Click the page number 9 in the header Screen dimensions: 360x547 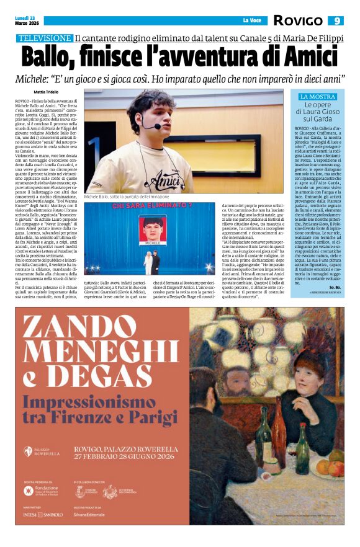coord(336,20)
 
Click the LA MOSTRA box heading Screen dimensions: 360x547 coord(317,97)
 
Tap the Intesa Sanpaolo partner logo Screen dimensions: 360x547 coord(43,514)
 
